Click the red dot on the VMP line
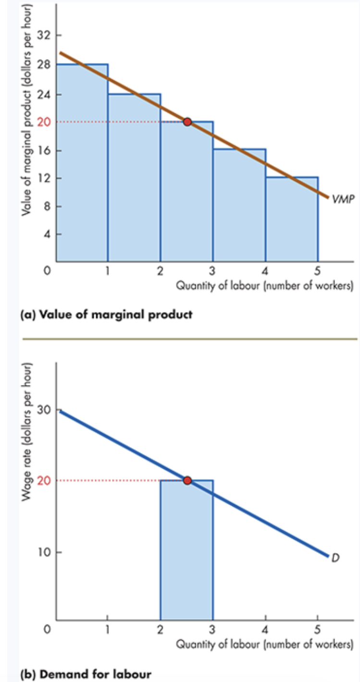(x=187, y=122)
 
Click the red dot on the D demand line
(x=187, y=480)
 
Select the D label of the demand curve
(x=336, y=558)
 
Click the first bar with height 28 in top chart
(x=82, y=163)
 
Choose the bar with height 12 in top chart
(x=291, y=219)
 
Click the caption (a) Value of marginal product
(x=106, y=315)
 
